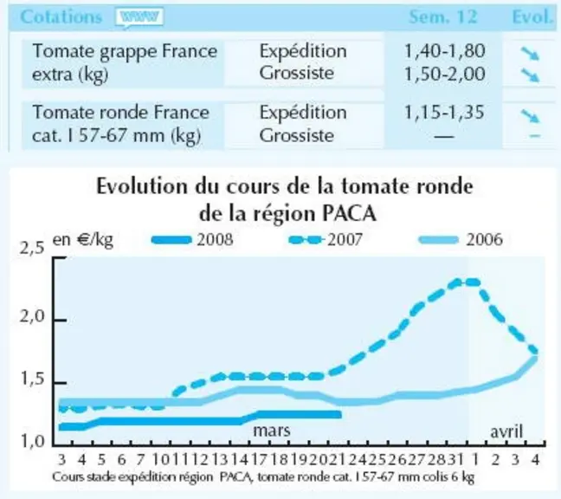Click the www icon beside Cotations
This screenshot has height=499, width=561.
139,17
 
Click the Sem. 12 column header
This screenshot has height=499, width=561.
443,16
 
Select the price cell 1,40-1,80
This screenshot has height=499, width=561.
445,51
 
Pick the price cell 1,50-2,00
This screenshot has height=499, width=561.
445,74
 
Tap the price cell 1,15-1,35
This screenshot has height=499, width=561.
444,112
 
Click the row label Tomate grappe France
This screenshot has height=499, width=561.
125,51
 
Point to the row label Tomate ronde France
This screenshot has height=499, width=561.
120,113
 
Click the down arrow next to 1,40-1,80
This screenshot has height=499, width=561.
530,54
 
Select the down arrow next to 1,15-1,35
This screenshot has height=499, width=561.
530,115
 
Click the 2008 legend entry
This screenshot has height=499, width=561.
192,239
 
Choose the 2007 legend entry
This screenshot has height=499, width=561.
326,239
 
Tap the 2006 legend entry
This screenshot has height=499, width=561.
461,239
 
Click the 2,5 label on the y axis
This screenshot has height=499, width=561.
32,248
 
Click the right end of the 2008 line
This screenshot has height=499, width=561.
340,414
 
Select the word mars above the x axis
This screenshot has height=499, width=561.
272,431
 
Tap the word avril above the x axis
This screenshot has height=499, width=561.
506,431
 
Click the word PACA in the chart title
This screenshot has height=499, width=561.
349,214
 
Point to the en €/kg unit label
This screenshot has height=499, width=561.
82,240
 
